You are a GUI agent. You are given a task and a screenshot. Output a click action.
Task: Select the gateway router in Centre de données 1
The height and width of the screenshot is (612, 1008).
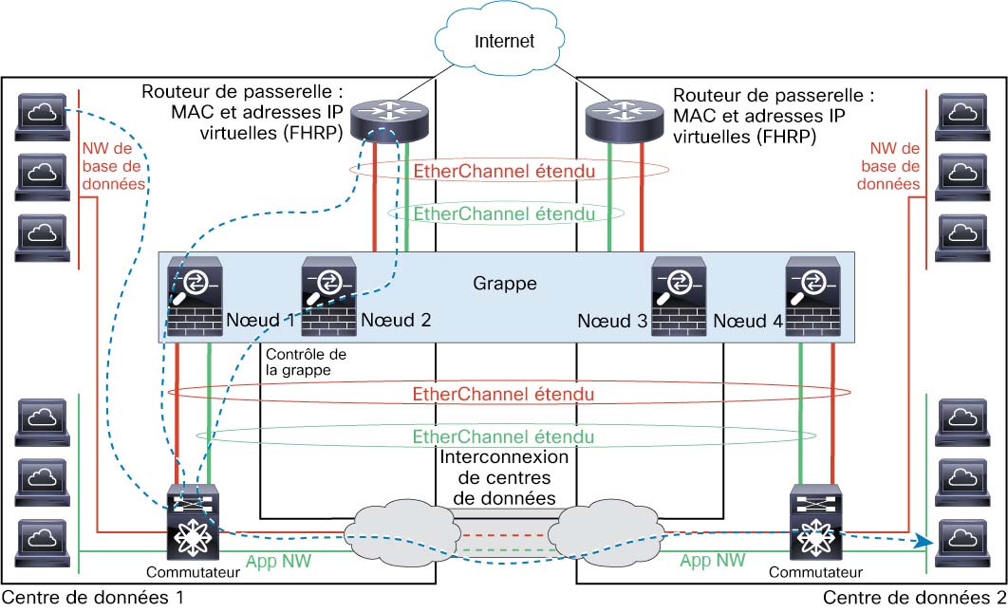pyautogui.click(x=389, y=120)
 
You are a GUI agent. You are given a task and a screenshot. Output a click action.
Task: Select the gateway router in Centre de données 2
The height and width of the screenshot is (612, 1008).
pyautogui.click(x=624, y=120)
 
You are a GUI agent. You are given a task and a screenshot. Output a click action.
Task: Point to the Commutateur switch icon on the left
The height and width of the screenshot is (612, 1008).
pyautogui.click(x=193, y=524)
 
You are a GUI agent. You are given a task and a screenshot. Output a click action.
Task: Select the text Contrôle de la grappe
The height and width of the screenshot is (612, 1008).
pyautogui.click(x=297, y=362)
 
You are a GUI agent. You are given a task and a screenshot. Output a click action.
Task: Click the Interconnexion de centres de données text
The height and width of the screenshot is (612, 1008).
pyautogui.click(x=505, y=477)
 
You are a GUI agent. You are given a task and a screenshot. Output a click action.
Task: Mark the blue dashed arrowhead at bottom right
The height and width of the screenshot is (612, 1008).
pyautogui.click(x=920, y=542)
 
